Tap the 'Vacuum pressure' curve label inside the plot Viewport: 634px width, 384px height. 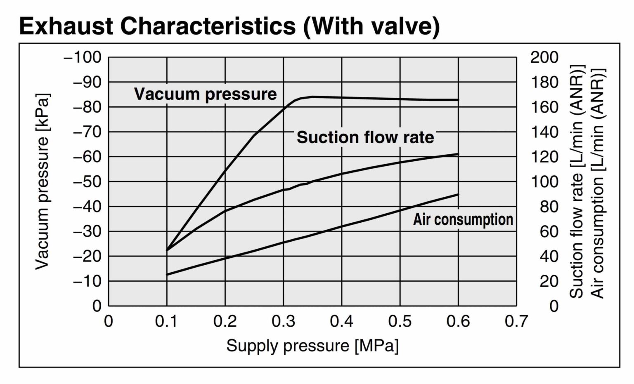205,94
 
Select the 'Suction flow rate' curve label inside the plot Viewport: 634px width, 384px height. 365,137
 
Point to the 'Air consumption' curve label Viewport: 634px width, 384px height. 463,219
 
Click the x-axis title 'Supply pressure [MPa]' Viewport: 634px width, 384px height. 312,346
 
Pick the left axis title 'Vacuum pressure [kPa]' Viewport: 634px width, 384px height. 42,181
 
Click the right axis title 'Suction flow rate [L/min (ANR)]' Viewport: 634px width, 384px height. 576,181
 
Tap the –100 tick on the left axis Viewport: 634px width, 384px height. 83,57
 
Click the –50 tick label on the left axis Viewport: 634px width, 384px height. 87,181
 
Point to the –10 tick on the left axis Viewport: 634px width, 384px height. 87,281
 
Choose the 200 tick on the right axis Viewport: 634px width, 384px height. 544,57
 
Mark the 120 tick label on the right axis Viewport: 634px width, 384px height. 544,157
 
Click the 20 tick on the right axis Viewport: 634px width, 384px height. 549,281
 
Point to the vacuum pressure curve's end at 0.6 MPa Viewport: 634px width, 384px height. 458,100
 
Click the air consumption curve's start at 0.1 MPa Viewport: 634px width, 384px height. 167,275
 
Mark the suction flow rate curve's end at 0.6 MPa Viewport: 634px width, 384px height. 458,154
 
